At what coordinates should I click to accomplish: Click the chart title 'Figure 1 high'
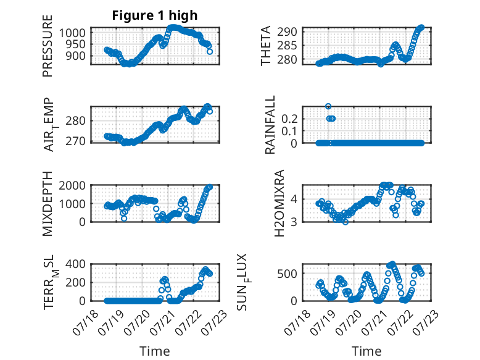[x=155, y=15]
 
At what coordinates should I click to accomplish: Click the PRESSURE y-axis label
[x=48, y=46]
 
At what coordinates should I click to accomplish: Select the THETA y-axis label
[x=266, y=46]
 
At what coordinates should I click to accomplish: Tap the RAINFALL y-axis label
[x=270, y=125]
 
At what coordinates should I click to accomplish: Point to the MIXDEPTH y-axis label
[x=48, y=204]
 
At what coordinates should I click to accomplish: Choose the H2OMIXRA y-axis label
[x=279, y=203]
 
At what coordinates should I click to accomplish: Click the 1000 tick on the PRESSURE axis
[x=72, y=33]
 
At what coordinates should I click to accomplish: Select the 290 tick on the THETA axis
[x=287, y=31]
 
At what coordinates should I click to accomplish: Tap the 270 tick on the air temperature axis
[x=75, y=141]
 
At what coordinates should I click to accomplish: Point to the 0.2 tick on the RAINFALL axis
[x=289, y=119]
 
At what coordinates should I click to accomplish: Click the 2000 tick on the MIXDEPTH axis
[x=72, y=185]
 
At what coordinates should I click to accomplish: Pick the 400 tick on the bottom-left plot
[x=75, y=264]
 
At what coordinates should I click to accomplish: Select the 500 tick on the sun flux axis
[x=287, y=274]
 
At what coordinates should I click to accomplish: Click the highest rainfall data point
[x=328, y=106]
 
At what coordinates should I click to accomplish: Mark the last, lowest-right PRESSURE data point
[x=210, y=52]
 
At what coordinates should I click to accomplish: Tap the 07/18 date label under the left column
[x=86, y=322]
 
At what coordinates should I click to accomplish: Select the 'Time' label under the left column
[x=155, y=351]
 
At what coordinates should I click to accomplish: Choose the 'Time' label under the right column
[x=366, y=351]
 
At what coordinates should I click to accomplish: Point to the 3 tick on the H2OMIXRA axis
[x=294, y=222]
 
